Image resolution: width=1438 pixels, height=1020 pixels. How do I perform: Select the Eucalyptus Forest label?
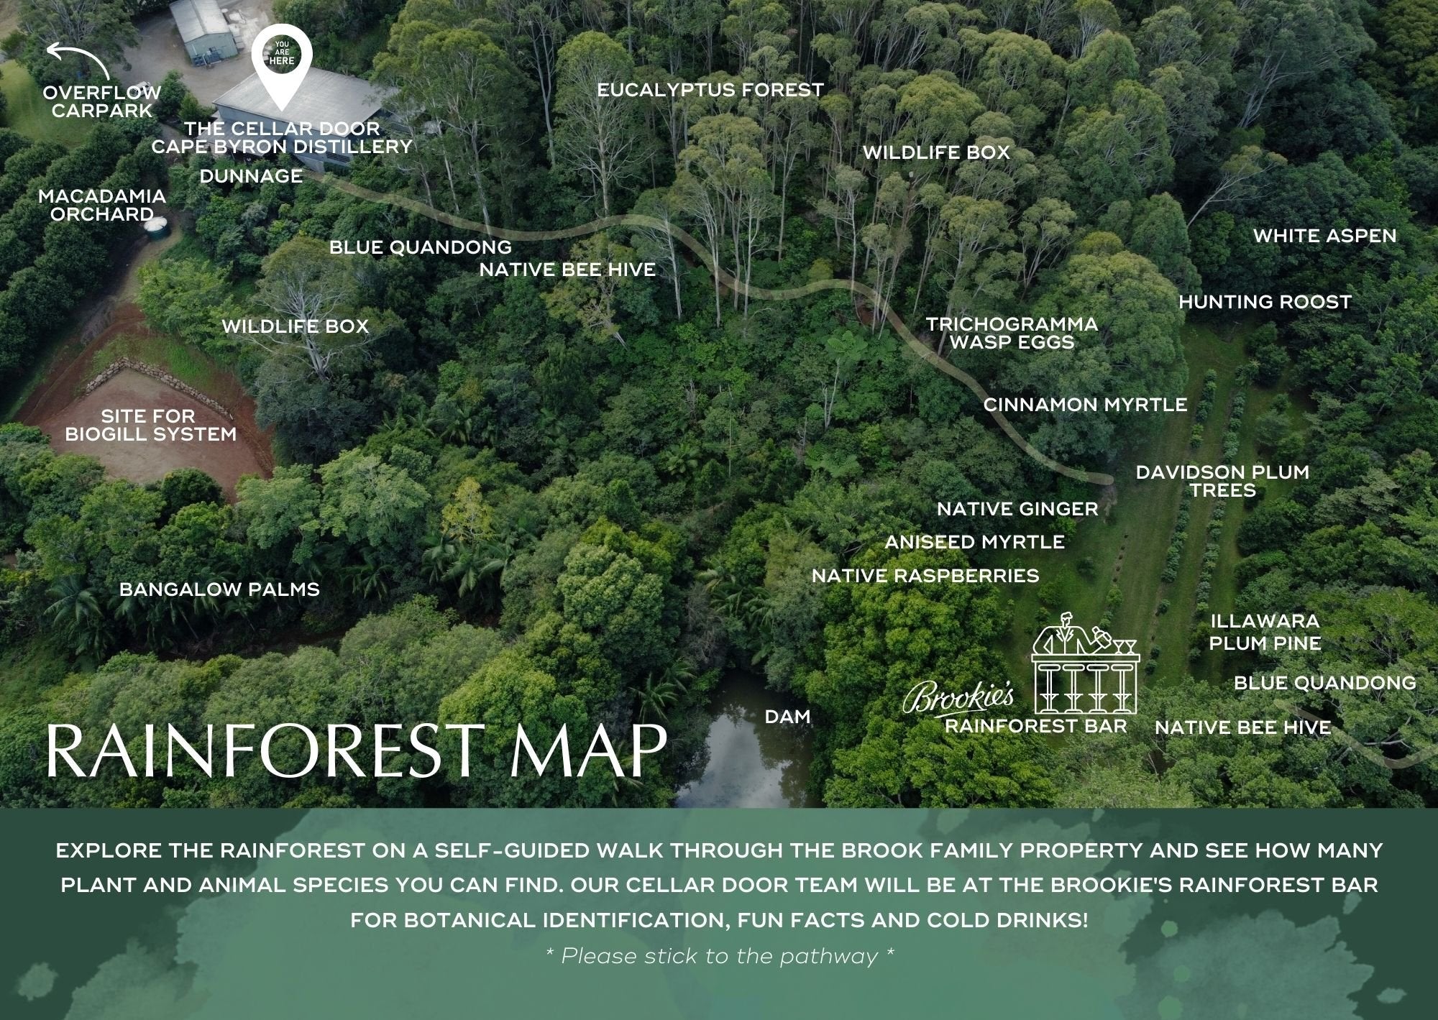click(x=710, y=91)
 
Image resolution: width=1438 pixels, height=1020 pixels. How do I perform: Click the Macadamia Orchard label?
click(x=102, y=205)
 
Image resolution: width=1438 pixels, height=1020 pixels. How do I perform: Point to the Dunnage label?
click(x=251, y=176)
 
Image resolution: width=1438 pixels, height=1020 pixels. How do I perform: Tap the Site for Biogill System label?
click(x=150, y=425)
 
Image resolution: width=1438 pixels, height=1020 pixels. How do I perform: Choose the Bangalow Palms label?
click(x=219, y=589)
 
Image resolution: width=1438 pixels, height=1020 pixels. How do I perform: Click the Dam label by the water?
click(x=787, y=717)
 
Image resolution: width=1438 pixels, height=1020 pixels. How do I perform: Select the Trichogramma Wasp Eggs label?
click(x=1012, y=333)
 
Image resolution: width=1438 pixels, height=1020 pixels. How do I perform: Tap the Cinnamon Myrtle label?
click(x=1085, y=405)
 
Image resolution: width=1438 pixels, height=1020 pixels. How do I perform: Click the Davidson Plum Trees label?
click(x=1222, y=481)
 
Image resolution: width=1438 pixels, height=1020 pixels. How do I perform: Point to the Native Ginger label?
click(x=1017, y=509)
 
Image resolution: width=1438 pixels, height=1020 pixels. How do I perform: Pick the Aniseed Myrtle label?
click(x=974, y=542)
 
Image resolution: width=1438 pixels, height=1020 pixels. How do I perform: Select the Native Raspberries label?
click(x=925, y=576)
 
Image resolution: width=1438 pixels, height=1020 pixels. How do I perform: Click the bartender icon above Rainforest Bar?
click(x=1086, y=662)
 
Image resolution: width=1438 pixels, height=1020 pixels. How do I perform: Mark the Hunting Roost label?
click(x=1265, y=302)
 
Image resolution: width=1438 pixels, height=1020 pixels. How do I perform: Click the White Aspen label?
click(x=1324, y=236)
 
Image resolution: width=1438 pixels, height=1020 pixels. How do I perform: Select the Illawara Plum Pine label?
click(x=1265, y=632)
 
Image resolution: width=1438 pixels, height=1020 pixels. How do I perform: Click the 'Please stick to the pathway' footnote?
click(x=720, y=956)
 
